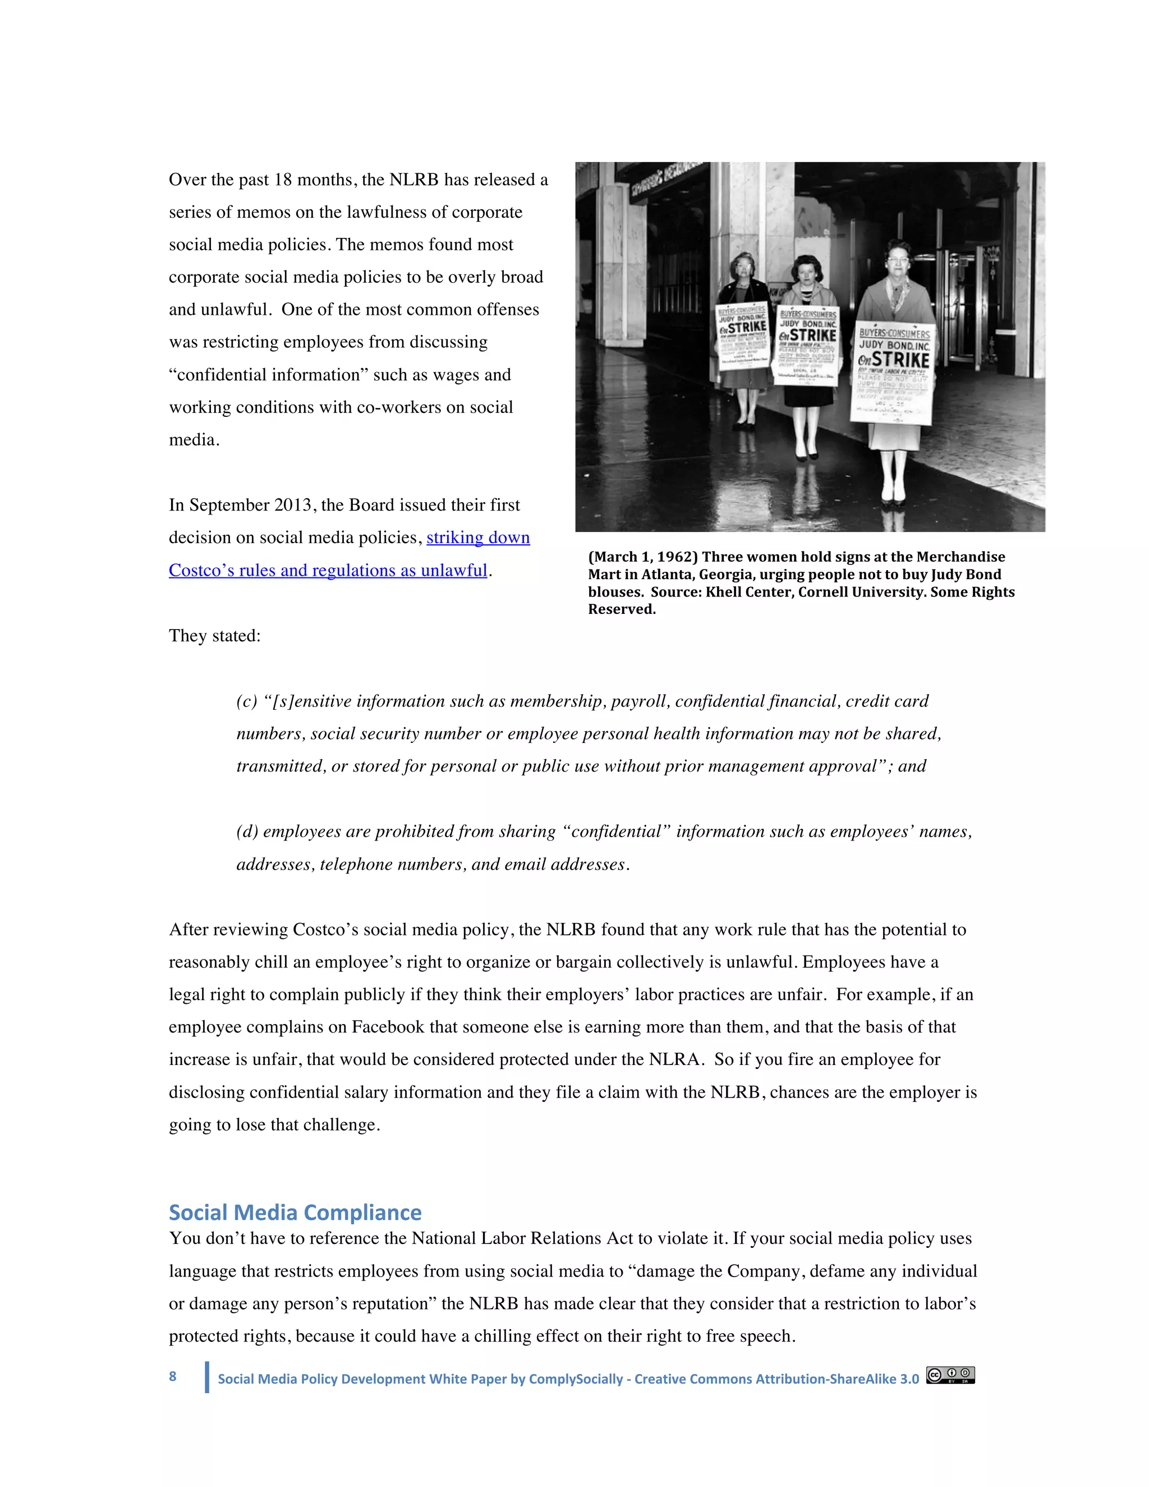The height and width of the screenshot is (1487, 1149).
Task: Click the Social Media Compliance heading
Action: point(295,1213)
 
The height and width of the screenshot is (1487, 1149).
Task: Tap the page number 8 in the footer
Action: point(173,1376)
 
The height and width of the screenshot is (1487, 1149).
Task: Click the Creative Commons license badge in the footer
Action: point(950,1375)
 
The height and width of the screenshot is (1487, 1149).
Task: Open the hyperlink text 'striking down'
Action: point(478,538)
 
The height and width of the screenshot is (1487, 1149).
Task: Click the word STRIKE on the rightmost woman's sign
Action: point(900,359)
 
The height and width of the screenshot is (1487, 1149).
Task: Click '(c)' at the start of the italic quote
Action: point(246,701)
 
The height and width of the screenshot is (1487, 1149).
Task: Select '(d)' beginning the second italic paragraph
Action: point(246,832)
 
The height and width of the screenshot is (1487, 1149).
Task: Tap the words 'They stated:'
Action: point(214,636)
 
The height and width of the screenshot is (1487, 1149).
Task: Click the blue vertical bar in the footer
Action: point(207,1376)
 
